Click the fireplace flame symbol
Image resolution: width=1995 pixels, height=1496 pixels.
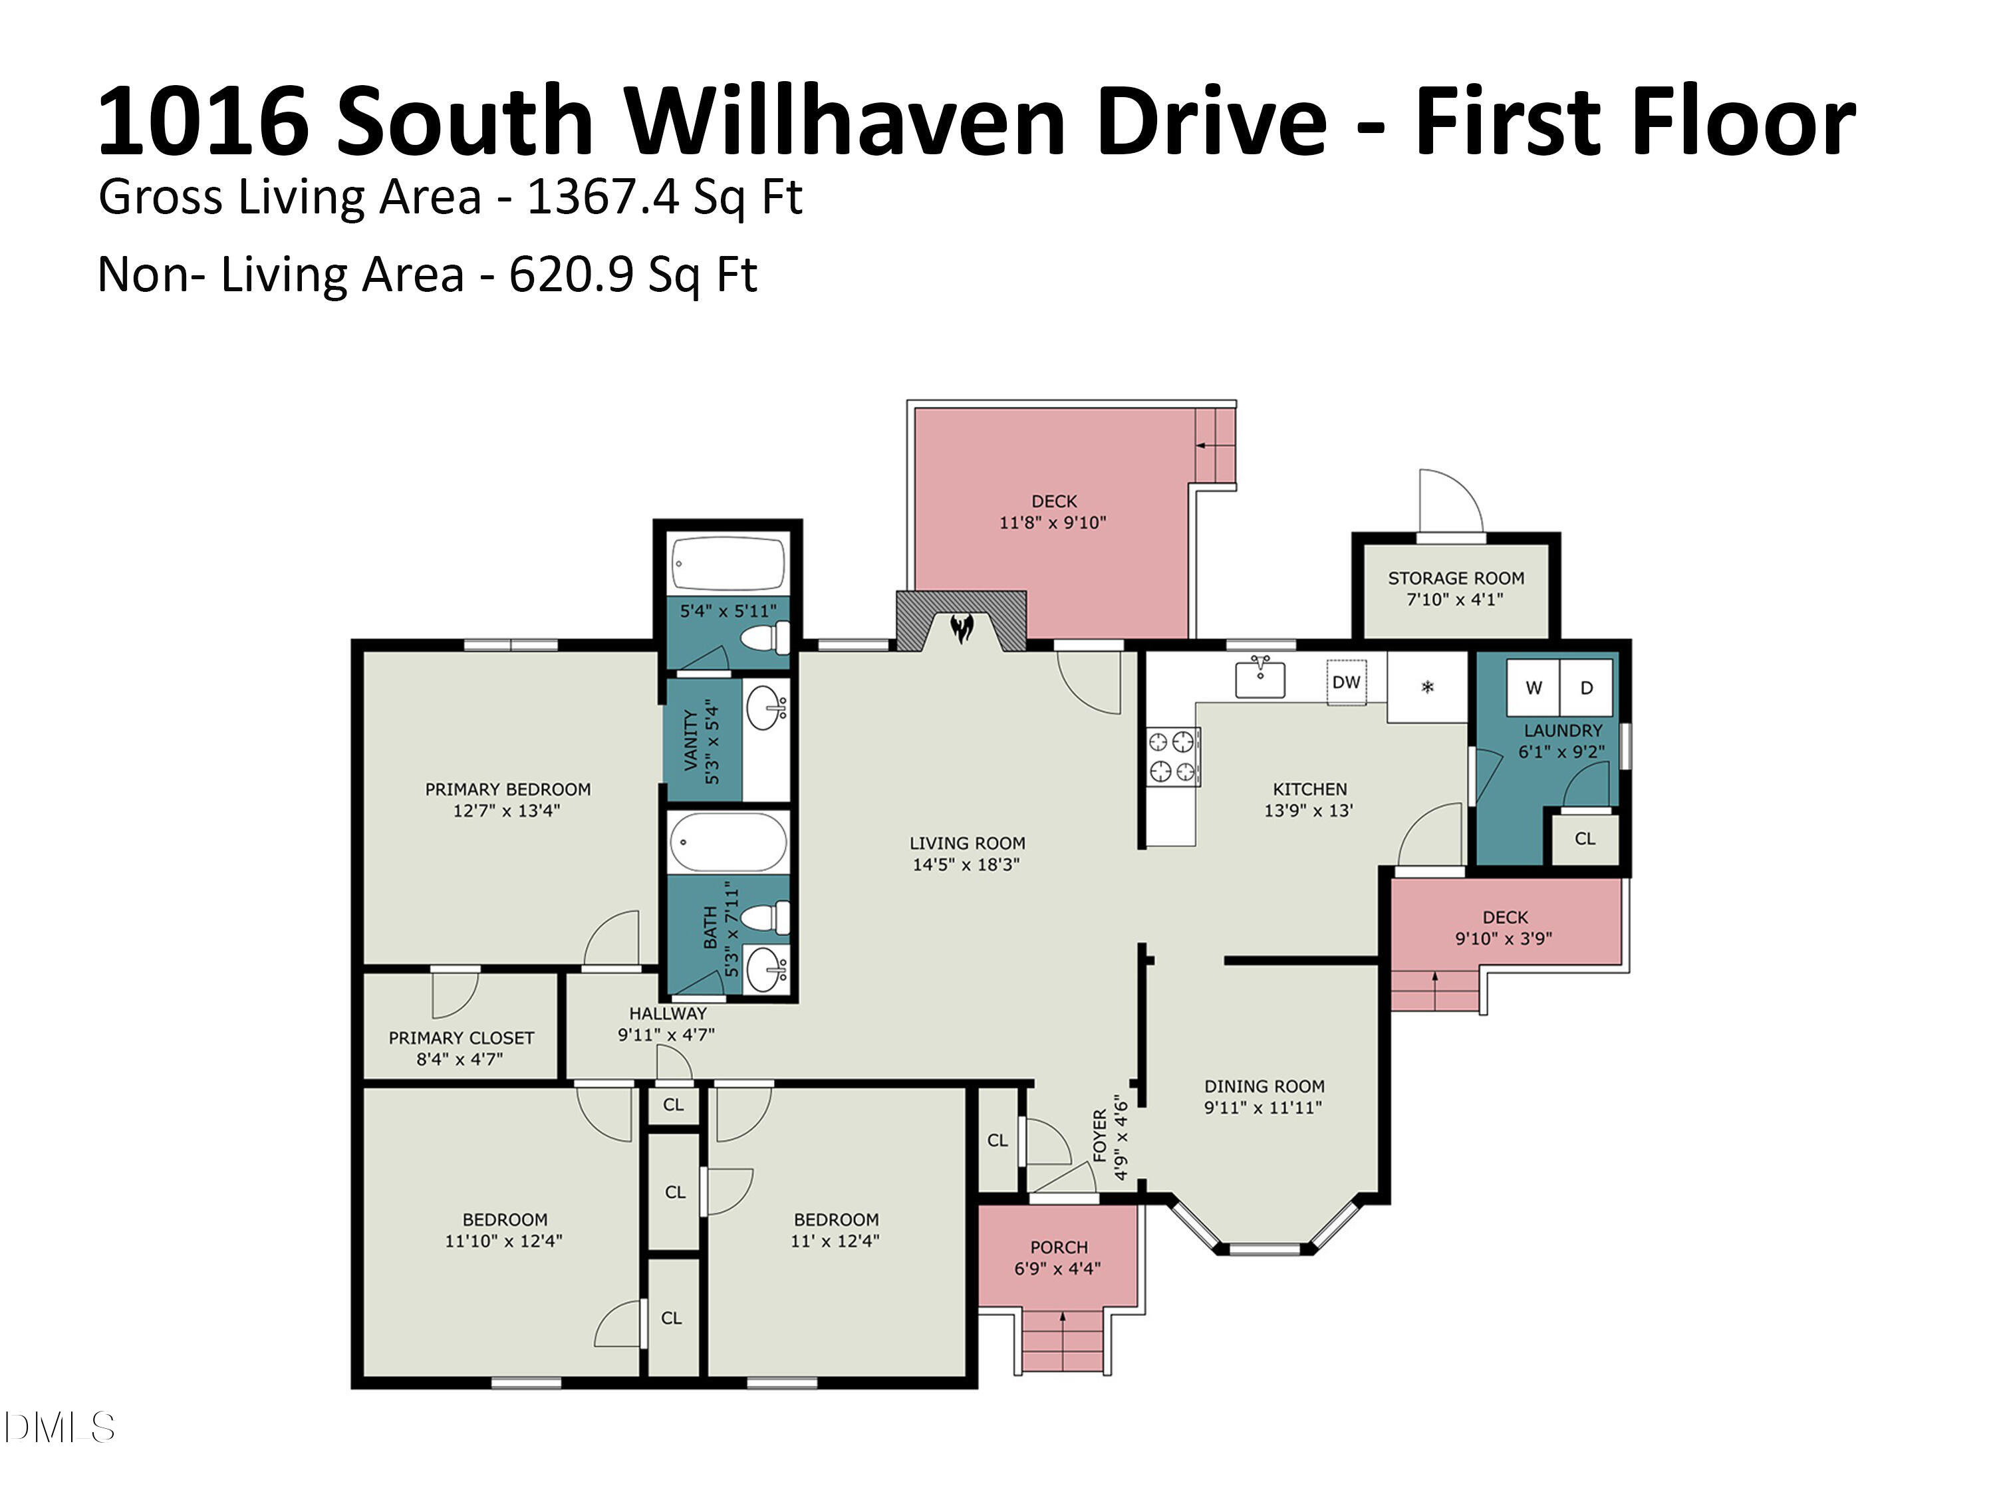962,628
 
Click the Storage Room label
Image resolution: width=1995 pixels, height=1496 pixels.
1456,578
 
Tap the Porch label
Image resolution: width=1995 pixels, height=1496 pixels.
1059,1247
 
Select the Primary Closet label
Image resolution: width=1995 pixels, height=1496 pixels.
461,1038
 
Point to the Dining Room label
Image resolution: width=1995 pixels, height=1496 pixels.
1263,1086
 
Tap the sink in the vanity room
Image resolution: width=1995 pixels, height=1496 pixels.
767,709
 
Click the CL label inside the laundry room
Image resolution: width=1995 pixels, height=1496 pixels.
1585,838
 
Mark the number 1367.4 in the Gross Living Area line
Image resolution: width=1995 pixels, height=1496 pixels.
602,197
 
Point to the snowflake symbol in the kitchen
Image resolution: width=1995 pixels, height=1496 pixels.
1427,687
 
